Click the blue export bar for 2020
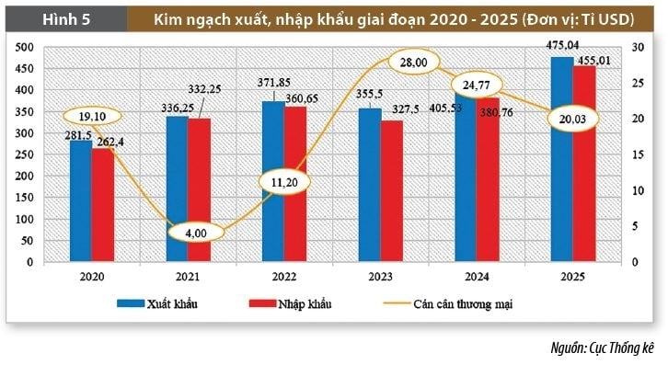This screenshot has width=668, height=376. (81, 202)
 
